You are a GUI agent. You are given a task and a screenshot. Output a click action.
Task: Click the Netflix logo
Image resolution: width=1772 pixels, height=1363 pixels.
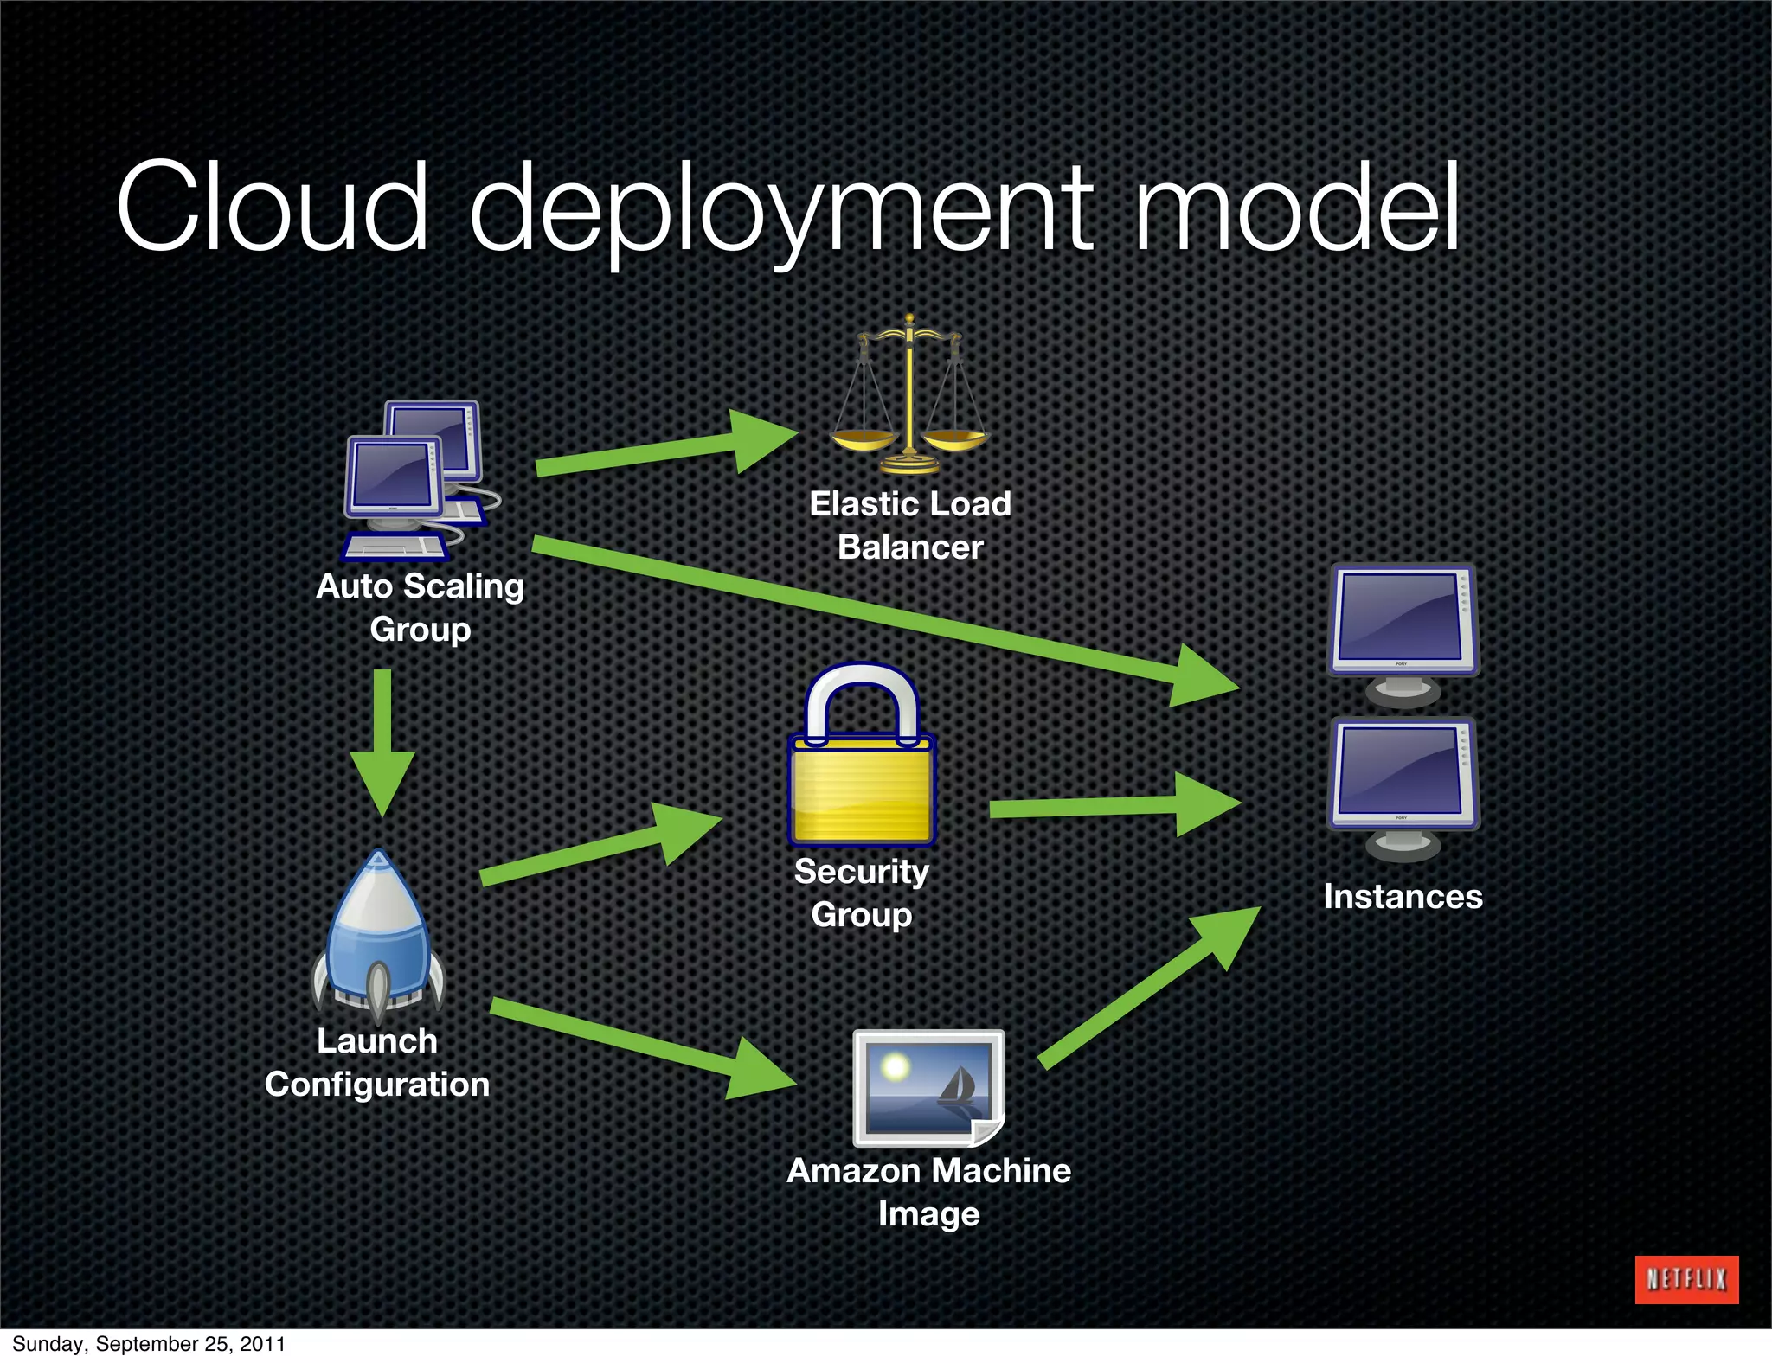click(1685, 1279)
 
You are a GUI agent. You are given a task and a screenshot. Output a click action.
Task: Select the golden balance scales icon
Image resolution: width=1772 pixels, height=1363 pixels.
click(908, 398)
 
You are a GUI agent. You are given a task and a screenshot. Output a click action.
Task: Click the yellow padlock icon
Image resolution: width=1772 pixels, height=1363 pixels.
click(862, 761)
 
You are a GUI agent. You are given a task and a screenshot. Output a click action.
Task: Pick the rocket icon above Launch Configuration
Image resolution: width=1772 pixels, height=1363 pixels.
click(378, 934)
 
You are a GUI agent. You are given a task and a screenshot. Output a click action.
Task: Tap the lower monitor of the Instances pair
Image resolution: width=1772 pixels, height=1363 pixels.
click(1403, 784)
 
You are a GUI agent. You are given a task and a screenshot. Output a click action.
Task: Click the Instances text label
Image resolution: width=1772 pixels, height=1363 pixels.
click(1403, 896)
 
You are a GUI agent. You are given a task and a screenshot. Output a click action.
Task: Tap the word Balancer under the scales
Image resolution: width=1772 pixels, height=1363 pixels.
click(910, 547)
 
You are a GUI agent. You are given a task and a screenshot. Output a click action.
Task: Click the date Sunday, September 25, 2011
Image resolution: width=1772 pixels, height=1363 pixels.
click(149, 1343)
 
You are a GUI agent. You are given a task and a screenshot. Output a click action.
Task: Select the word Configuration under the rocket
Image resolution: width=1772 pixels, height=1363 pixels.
click(377, 1085)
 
